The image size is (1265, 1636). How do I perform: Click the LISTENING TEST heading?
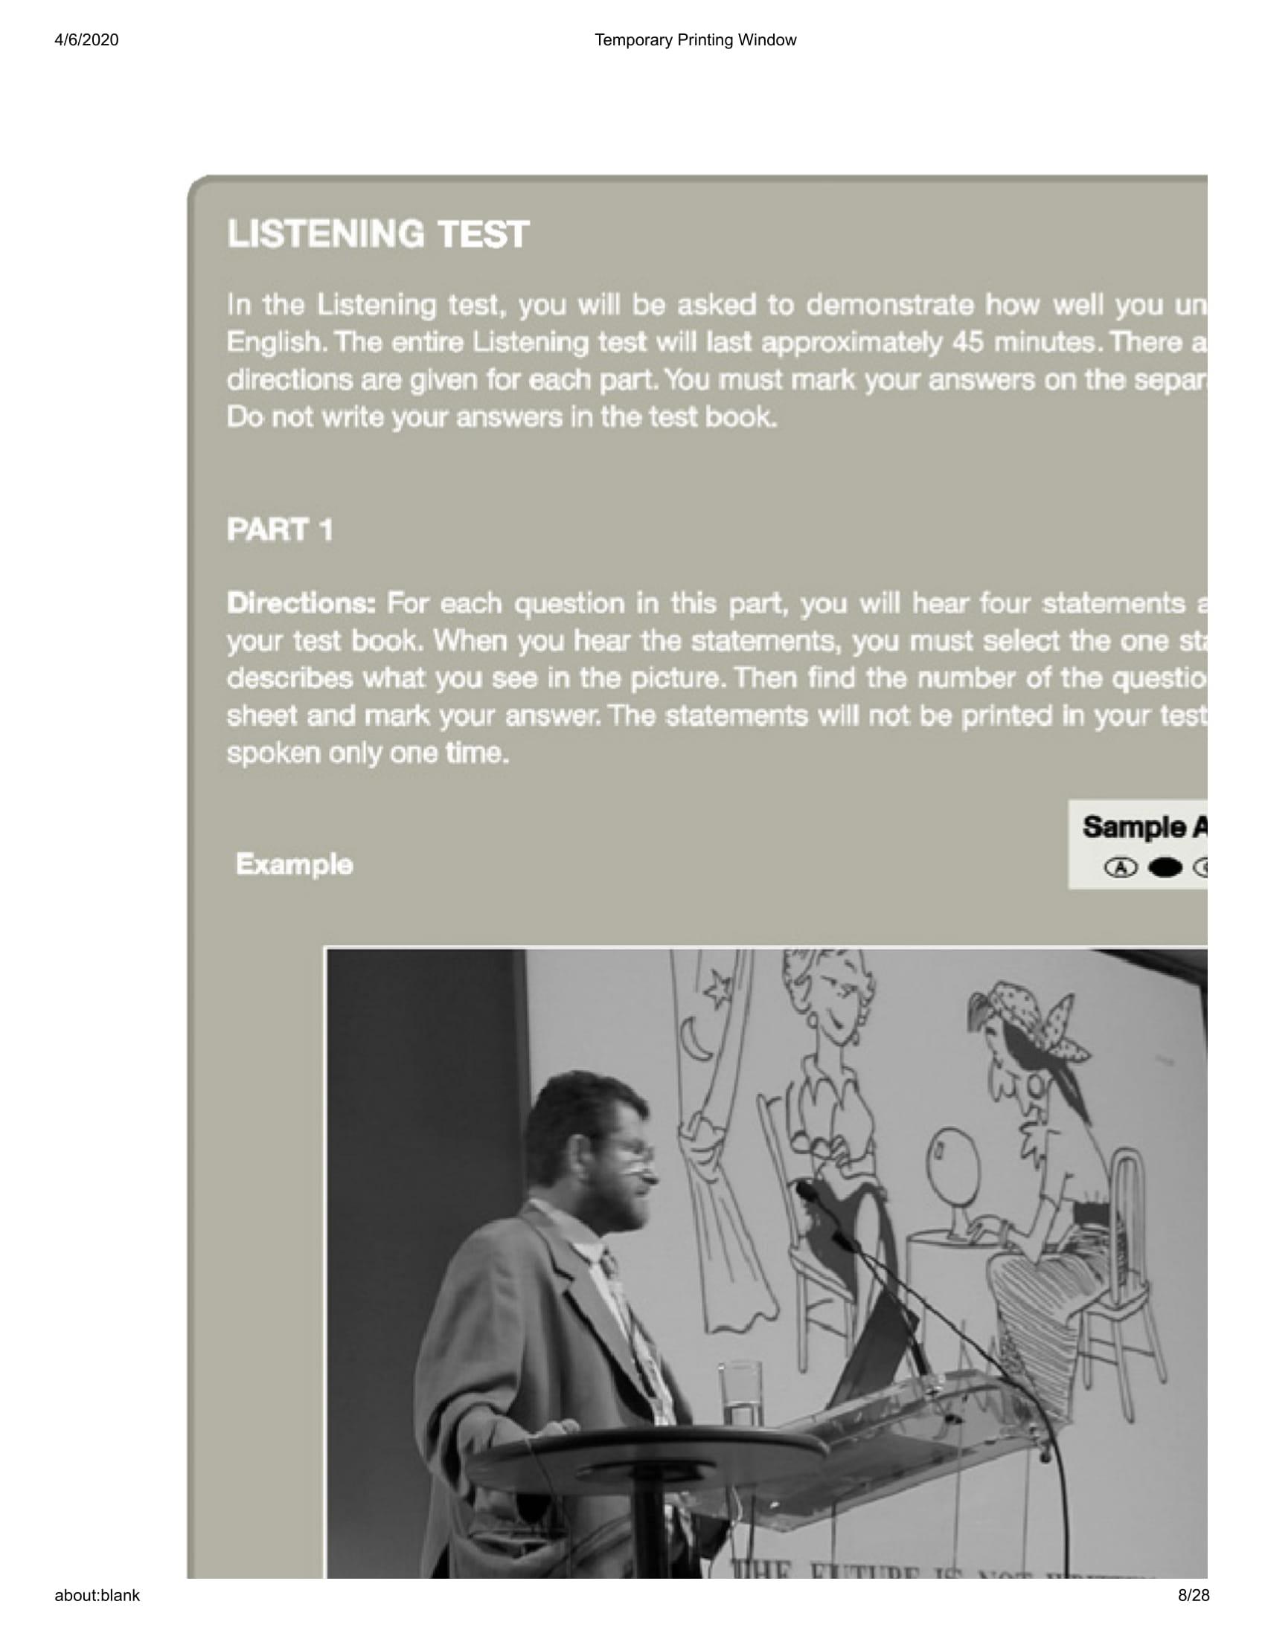378,234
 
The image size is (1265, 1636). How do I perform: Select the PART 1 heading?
280,529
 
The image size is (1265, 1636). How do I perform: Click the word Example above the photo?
294,864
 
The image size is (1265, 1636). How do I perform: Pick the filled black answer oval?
1165,867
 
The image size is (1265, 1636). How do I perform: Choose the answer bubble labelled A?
1121,867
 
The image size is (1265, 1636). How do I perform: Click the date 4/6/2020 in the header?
86,39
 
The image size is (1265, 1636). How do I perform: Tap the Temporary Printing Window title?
695,39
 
